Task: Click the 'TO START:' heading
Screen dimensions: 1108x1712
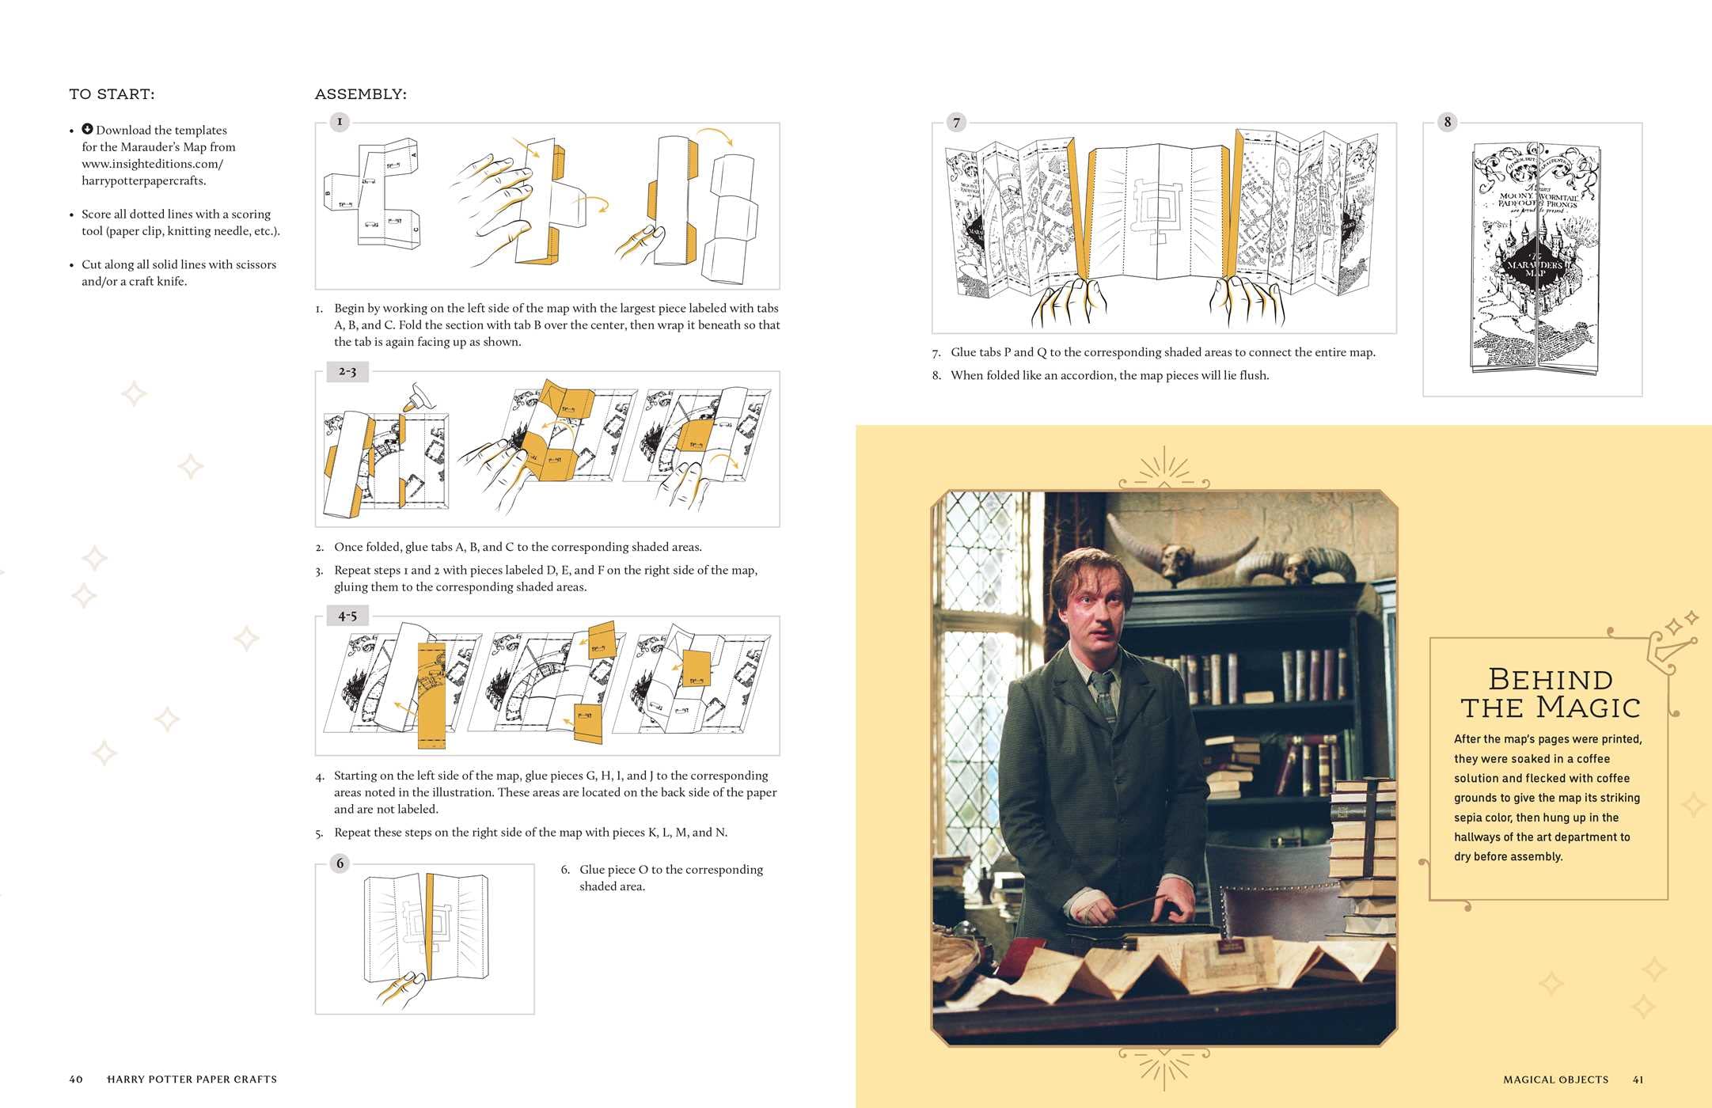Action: tap(112, 94)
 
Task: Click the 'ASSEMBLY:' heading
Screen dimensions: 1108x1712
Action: tap(360, 94)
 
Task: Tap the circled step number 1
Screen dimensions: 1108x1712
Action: tap(340, 122)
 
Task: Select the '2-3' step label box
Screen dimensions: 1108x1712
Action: tap(347, 371)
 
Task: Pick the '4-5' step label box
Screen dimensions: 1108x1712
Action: tap(347, 616)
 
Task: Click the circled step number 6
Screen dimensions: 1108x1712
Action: tap(340, 863)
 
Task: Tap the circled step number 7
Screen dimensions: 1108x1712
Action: tap(956, 123)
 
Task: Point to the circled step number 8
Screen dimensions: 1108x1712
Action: tap(1447, 122)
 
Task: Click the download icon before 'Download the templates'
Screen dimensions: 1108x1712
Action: tap(88, 129)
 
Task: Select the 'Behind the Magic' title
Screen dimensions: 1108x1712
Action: tap(1550, 693)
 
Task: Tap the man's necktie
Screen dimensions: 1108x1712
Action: tap(1105, 696)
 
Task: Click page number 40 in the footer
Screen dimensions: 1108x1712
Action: tap(76, 1079)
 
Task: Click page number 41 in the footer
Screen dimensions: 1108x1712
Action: tap(1638, 1080)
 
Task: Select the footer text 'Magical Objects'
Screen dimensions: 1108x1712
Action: tap(1555, 1080)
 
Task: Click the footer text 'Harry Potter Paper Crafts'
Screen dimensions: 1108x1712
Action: tap(192, 1079)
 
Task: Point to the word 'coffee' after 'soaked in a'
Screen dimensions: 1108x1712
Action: tap(1592, 758)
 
